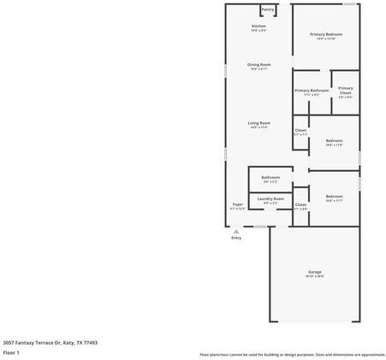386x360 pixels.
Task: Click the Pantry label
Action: tap(268, 9)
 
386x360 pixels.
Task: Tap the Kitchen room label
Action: tap(258, 27)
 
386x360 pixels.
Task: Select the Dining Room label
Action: tap(258, 65)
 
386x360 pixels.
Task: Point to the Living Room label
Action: tap(258, 123)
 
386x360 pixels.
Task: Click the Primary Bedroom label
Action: tap(325, 34)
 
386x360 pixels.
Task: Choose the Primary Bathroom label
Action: tap(312, 90)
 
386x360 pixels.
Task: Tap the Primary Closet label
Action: tap(345, 90)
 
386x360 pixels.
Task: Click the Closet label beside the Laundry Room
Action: tap(300, 204)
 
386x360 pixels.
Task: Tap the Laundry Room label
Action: tap(270, 198)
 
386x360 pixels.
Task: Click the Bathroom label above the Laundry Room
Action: tap(270, 178)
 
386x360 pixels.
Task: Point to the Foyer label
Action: tap(238, 204)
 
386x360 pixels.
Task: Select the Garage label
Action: tap(315, 272)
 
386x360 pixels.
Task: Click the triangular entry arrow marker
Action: tap(236, 230)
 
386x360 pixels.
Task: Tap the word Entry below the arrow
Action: tap(236, 238)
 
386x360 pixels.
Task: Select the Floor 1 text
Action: tap(12, 352)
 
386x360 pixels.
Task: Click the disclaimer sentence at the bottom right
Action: tap(292, 354)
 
